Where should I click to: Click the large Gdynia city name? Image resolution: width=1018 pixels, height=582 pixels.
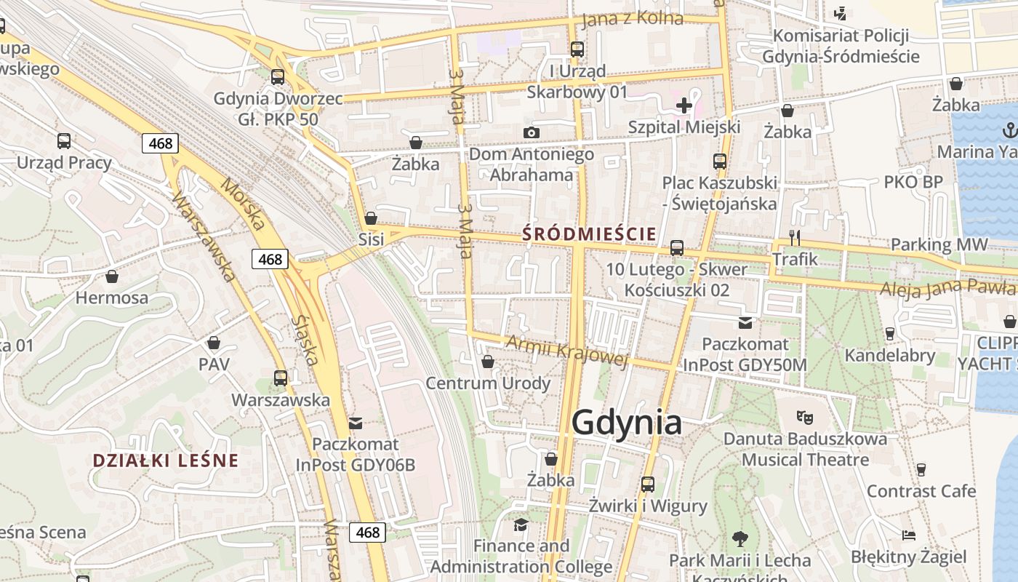(x=627, y=423)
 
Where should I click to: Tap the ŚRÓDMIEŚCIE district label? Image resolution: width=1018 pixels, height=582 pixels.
(x=589, y=234)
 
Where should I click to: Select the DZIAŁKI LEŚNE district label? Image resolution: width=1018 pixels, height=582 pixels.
(x=166, y=461)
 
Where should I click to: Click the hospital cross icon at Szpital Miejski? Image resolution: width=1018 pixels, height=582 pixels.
(x=684, y=105)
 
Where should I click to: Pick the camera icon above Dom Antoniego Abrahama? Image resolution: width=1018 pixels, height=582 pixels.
(x=532, y=132)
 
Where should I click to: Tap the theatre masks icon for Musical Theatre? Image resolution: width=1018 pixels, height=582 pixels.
(x=803, y=418)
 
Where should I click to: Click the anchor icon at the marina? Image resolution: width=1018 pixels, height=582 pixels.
(x=1009, y=130)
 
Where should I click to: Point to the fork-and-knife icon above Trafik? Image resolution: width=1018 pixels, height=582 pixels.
(x=795, y=237)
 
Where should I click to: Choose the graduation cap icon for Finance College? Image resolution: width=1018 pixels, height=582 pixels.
(x=521, y=525)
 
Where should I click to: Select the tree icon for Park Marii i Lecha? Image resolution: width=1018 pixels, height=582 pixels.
(x=740, y=539)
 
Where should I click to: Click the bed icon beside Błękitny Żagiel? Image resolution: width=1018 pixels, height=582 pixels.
(x=908, y=535)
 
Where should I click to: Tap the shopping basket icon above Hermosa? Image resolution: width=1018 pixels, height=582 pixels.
(x=112, y=276)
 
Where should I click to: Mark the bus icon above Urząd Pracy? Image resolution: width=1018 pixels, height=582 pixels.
(x=64, y=141)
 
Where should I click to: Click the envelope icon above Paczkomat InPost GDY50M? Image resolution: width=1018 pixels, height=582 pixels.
(x=745, y=322)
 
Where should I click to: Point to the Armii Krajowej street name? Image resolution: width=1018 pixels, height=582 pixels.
(x=566, y=351)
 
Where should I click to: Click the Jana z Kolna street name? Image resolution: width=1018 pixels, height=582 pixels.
(x=633, y=18)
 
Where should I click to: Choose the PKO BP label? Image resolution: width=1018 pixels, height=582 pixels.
(x=913, y=183)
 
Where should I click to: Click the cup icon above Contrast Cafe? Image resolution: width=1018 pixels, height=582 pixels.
(x=921, y=469)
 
